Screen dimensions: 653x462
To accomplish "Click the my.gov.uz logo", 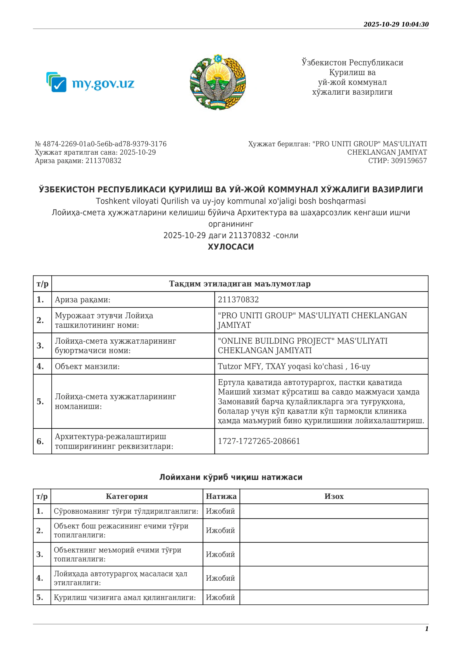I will click(90, 82).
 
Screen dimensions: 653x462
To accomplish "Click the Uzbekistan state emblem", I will click(218, 82).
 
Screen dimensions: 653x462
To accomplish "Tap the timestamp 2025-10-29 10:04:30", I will click(396, 25).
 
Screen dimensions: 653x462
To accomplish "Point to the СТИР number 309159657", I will click(409, 161).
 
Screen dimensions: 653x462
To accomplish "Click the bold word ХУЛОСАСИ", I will click(231, 247).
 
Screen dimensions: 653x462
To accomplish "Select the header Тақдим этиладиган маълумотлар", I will click(240, 284).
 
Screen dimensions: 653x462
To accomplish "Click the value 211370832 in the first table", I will click(238, 300).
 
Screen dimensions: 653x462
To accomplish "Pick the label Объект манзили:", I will click(87, 366).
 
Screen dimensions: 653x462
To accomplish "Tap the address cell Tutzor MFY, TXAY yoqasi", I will click(294, 366).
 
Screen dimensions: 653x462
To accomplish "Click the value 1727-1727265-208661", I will click(259, 441).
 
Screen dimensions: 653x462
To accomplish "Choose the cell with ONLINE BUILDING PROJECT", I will click(303, 346).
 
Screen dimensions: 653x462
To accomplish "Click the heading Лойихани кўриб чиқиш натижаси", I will click(231, 477).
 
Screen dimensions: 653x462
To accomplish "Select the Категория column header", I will click(127, 496).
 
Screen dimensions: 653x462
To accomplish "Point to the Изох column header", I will click(334, 496).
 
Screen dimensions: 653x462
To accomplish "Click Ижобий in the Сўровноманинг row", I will click(220, 511).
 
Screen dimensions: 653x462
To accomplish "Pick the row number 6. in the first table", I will click(40, 441).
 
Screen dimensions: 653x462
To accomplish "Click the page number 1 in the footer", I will click(427, 628).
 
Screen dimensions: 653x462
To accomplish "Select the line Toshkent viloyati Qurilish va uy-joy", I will click(231, 201).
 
